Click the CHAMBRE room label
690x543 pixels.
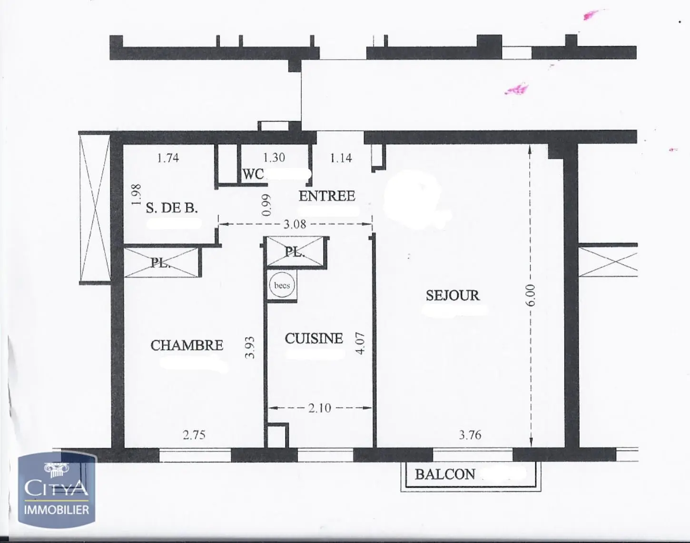coord(187,345)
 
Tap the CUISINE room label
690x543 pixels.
coord(314,339)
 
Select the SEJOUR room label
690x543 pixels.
coord(453,296)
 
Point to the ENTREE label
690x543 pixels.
coord(327,196)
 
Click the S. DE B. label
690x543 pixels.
coord(171,208)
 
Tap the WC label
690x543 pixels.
coord(253,174)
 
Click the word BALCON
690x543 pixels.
coord(445,474)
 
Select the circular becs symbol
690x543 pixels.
coord(282,286)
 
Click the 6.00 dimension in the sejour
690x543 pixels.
coord(531,296)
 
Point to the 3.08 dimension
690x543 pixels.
coord(295,224)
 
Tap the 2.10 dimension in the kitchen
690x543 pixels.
coord(319,408)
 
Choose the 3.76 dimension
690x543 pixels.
coord(470,435)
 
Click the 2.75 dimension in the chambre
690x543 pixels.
coord(194,435)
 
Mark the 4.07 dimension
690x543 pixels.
coord(361,343)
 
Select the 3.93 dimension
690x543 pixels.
coord(250,347)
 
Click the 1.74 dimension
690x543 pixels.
coord(168,158)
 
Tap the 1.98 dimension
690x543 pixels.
coord(137,195)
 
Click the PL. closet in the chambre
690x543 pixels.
coord(161,262)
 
